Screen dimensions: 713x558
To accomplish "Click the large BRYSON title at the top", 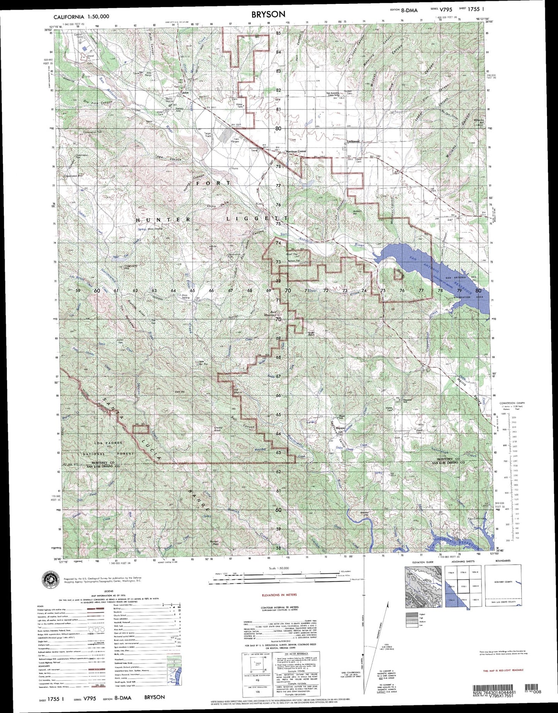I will [268, 14].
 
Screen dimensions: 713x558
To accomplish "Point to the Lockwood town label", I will [353, 141].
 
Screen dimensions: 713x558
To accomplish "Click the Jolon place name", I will [186, 93].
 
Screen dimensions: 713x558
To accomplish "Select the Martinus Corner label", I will [296, 151].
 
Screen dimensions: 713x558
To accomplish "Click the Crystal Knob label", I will [218, 428].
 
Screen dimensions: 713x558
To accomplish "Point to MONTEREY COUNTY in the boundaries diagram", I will [503, 582].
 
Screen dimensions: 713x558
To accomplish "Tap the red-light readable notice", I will [503, 671].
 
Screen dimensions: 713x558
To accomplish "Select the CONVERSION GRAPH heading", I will [512, 403].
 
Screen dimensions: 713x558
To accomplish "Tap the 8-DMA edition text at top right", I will [409, 10].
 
